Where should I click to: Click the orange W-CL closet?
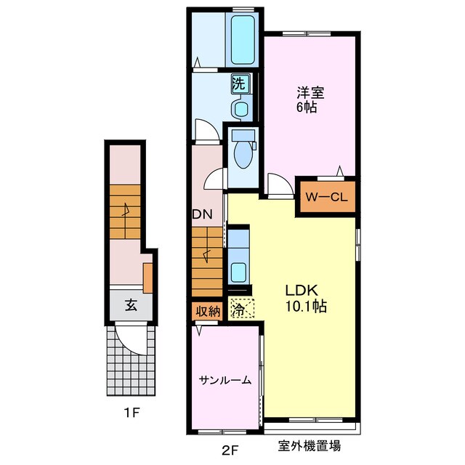point(328,196)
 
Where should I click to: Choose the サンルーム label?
point(225,380)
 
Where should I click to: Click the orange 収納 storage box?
point(208,311)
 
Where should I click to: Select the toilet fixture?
point(242,150)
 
